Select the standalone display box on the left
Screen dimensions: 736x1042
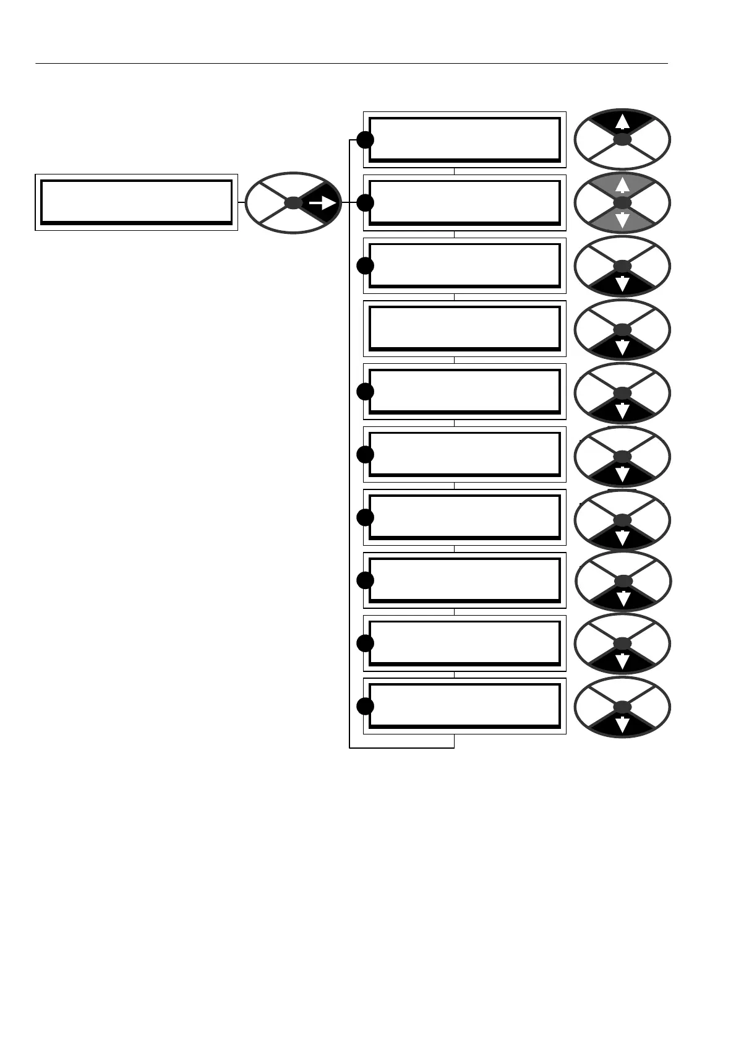tap(136, 202)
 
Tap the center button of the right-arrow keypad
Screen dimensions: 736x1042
tap(293, 203)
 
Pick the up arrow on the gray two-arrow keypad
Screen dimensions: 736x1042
tap(623, 185)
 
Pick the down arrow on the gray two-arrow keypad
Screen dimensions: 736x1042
tap(623, 220)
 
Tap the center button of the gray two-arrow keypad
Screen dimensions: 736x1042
tap(623, 203)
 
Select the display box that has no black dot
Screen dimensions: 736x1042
tap(464, 329)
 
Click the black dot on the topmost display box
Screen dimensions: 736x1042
tap(366, 140)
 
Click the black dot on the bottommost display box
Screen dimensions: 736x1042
tap(366, 706)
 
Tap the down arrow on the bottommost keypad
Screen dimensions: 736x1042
tap(623, 724)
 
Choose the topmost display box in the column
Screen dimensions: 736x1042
tap(464, 140)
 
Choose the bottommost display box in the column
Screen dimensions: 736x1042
tap(464, 706)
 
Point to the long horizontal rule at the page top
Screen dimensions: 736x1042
tap(351, 63)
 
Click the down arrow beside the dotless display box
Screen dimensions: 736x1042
tap(623, 347)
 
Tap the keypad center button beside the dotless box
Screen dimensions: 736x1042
tap(623, 330)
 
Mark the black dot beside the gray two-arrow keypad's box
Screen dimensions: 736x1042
tap(366, 203)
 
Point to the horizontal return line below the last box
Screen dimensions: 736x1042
tap(402, 748)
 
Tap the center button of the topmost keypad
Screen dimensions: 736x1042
tap(623, 140)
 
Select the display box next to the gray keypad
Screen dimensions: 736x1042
tap(464, 203)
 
